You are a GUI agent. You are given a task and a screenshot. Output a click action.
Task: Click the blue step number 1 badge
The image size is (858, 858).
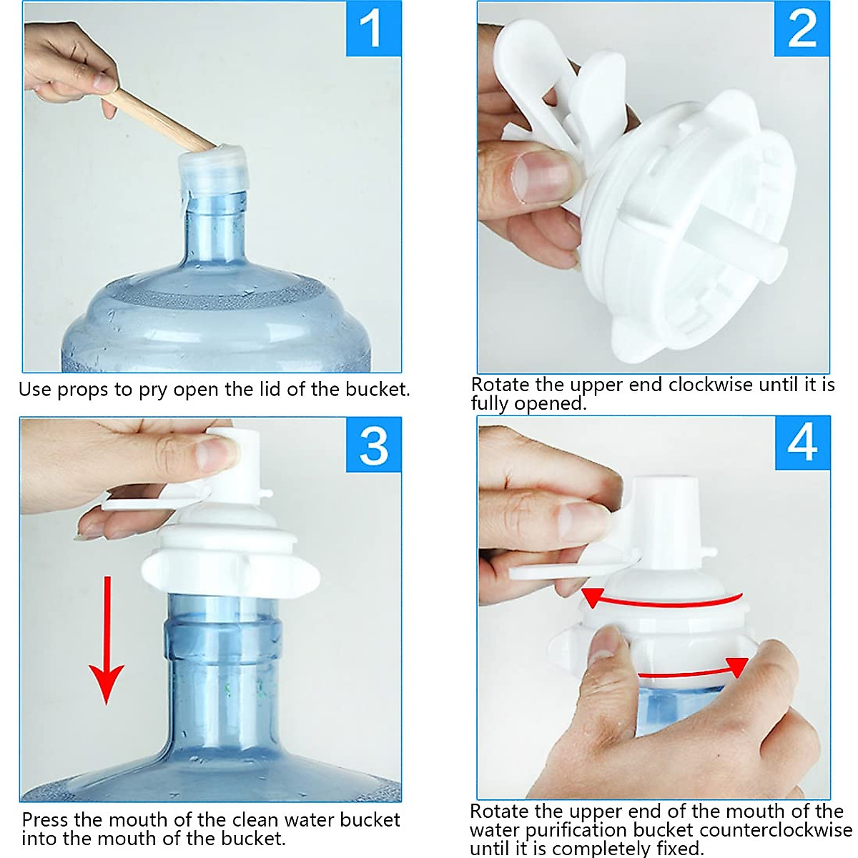(373, 29)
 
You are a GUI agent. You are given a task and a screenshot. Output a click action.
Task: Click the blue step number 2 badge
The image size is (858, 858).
(802, 29)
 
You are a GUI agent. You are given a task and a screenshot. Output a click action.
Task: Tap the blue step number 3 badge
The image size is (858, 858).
(373, 445)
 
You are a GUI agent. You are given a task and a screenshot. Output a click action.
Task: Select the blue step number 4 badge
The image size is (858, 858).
(802, 443)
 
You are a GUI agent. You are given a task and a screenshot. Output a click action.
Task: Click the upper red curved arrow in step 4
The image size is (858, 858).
(661, 601)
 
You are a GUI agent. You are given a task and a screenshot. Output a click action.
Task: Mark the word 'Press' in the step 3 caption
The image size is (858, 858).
(44, 819)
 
